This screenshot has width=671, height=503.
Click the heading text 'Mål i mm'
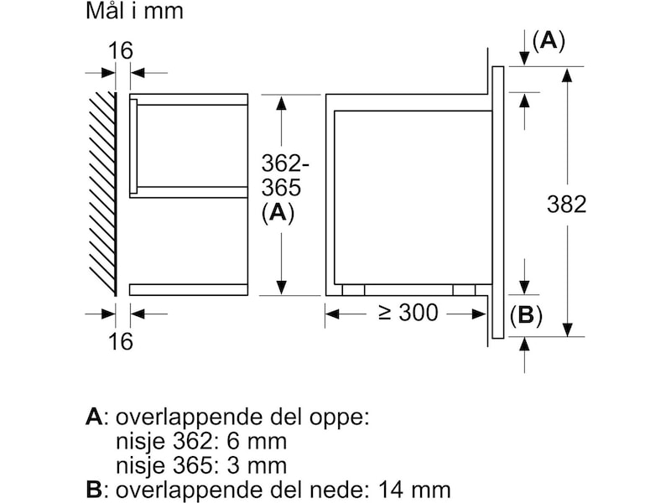click(x=134, y=12)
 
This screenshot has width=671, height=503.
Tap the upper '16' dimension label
click(x=121, y=50)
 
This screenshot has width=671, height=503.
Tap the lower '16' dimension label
click(x=121, y=341)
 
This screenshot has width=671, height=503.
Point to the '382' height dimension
click(x=566, y=204)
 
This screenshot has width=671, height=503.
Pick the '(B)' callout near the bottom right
click(x=526, y=316)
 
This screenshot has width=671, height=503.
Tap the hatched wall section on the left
click(x=101, y=193)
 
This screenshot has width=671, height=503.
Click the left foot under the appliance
click(x=353, y=289)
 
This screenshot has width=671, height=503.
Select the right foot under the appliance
click(x=464, y=289)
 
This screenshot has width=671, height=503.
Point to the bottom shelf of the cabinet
click(x=189, y=289)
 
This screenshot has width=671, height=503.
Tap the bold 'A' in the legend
click(x=94, y=417)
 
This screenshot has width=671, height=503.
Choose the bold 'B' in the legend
click(x=94, y=489)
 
